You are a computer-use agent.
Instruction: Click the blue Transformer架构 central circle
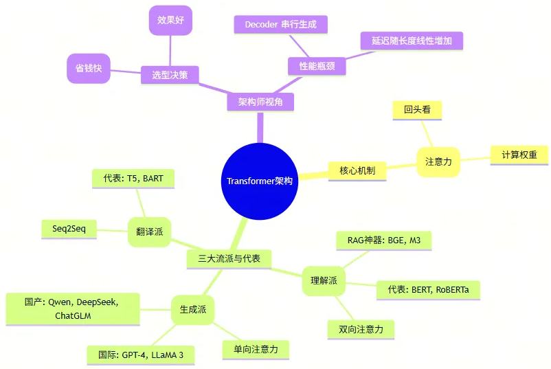259,181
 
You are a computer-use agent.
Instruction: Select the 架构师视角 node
260,102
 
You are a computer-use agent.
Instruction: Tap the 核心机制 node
357,170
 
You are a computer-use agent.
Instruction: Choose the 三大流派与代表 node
229,258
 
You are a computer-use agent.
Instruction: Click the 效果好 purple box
170,20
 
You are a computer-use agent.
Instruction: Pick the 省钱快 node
88,69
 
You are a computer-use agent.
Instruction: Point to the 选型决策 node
170,74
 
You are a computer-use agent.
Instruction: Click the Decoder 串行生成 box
280,25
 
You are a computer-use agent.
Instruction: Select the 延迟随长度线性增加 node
412,41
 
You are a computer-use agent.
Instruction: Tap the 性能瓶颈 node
316,66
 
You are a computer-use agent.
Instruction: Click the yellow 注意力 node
438,162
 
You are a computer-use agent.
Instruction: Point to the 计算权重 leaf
519,155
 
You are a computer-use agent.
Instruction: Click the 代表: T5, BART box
133,179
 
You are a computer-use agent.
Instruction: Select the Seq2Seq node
69,228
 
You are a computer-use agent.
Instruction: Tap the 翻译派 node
149,232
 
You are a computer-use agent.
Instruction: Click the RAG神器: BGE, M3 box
384,241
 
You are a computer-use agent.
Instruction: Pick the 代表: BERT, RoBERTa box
427,289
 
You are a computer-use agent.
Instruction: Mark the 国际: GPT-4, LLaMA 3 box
140,355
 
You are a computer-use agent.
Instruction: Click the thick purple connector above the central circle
260,128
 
